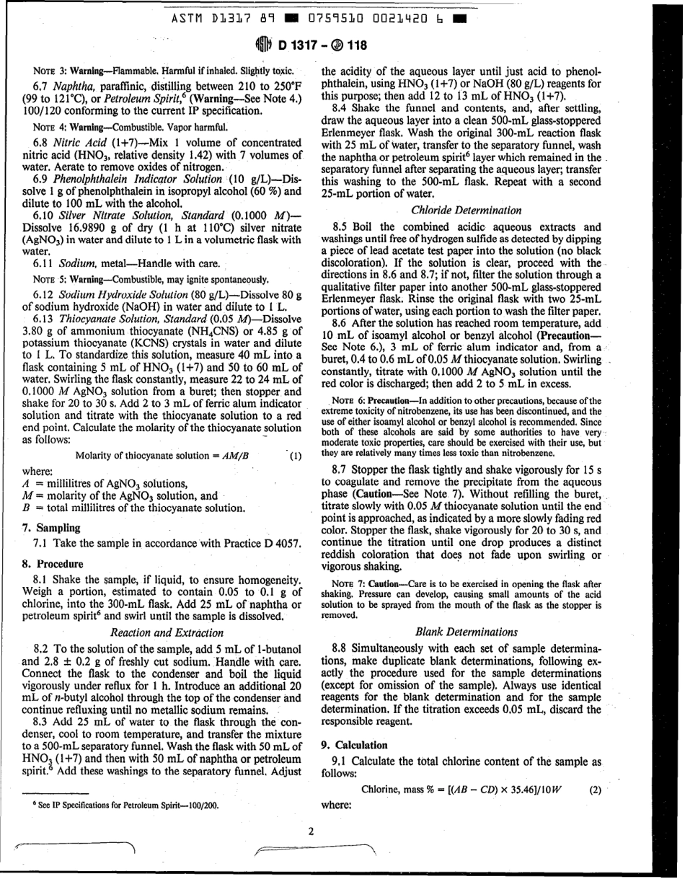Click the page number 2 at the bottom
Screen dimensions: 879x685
coord(311,831)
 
